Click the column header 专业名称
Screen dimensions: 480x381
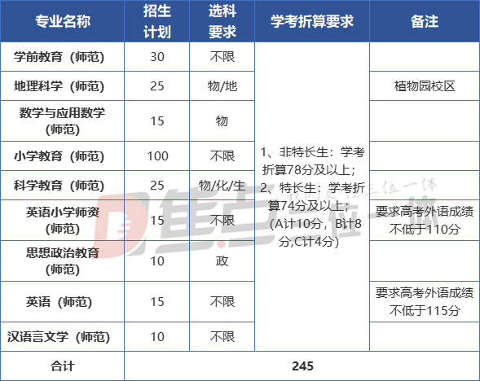click(63, 21)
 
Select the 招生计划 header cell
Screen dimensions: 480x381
click(157, 21)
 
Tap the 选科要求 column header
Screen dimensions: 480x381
click(222, 21)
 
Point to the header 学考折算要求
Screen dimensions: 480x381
click(312, 21)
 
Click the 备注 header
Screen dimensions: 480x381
click(425, 21)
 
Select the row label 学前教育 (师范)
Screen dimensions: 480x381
click(59, 57)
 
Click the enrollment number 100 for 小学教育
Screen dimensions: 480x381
click(157, 156)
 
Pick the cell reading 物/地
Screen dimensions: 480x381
click(222, 86)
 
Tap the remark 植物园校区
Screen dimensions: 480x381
click(425, 86)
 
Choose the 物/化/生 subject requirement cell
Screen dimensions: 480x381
click(222, 186)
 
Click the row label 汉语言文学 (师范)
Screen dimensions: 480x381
click(59, 337)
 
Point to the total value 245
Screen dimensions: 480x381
click(302, 366)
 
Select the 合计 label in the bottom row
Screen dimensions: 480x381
click(63, 366)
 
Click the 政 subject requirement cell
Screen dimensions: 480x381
click(222, 261)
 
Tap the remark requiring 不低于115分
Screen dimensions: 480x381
click(425, 302)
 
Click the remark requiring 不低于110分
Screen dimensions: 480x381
click(425, 220)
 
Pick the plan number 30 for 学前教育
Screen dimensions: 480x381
click(157, 57)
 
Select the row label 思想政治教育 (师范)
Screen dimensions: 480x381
click(63, 261)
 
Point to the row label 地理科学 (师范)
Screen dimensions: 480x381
click(59, 86)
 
